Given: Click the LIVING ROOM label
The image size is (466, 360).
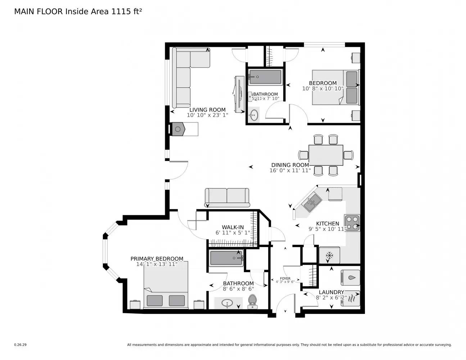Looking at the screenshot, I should tap(208, 110).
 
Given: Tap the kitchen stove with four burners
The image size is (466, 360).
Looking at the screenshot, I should tap(352, 222).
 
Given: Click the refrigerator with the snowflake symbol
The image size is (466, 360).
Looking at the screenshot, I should tap(329, 255).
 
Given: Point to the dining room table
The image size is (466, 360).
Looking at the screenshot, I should tap(326, 155).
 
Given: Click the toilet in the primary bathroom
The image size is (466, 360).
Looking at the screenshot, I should tap(253, 301).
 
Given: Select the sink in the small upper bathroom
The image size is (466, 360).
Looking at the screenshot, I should tap(254, 115).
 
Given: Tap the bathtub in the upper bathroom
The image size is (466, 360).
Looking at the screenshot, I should tap(265, 77).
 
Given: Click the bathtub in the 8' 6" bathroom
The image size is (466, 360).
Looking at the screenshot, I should tap(227, 258).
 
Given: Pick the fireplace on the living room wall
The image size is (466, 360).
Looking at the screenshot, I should tap(178, 129).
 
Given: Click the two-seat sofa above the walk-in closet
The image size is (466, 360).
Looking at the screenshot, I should tap(227, 197).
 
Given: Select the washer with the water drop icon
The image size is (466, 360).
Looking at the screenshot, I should tap(350, 277).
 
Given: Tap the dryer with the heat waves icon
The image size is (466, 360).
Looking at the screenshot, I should tap(350, 298).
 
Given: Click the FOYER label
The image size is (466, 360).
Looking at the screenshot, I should tap(285, 278).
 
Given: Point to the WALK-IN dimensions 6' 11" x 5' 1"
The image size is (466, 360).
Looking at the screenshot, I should tap(232, 233).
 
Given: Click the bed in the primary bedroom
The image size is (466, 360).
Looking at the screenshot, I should tap(166, 285).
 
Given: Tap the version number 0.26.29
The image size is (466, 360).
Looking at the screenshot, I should tap(20, 345).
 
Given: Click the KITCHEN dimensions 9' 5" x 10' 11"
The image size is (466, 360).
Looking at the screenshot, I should tap(327, 229).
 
